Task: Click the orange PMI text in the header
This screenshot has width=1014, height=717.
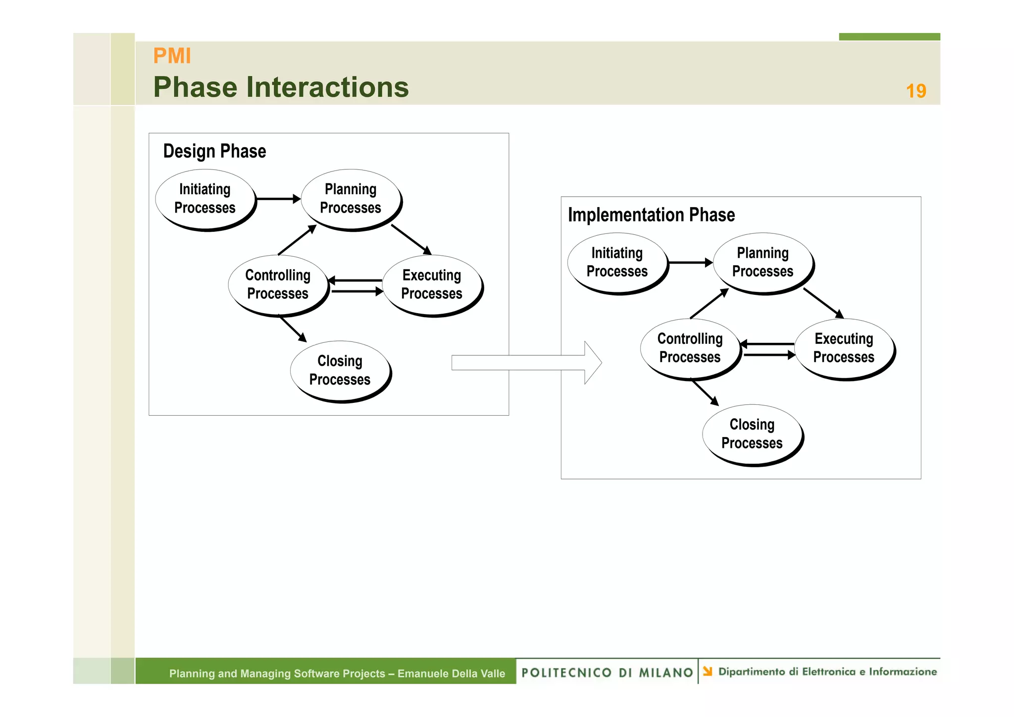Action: point(172,55)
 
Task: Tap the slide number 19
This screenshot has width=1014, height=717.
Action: point(915,91)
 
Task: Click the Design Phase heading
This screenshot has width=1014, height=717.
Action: point(214,151)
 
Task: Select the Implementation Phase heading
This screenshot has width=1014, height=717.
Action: point(651,215)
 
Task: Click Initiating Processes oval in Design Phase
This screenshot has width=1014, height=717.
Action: point(205,199)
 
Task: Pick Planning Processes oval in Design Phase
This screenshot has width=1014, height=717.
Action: point(351,199)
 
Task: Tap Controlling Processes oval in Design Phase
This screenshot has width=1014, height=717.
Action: point(278,284)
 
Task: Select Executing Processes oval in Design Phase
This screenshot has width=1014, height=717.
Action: point(431,284)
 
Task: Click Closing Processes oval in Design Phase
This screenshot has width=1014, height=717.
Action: point(340,370)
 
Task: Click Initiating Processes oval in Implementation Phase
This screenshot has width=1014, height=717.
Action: point(617,262)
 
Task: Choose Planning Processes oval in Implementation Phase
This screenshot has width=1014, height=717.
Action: point(762,262)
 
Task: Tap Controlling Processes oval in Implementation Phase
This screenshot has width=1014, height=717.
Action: point(690,348)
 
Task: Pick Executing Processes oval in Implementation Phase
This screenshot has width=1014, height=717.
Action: point(844,348)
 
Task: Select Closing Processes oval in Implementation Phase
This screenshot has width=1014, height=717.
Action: point(752,434)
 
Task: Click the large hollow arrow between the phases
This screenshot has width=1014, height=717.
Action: point(525,363)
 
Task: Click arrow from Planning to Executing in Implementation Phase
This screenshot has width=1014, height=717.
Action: point(823,303)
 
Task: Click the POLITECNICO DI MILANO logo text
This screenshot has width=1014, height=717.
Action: point(607,672)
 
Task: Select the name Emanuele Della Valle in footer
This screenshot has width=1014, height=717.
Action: point(451,673)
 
